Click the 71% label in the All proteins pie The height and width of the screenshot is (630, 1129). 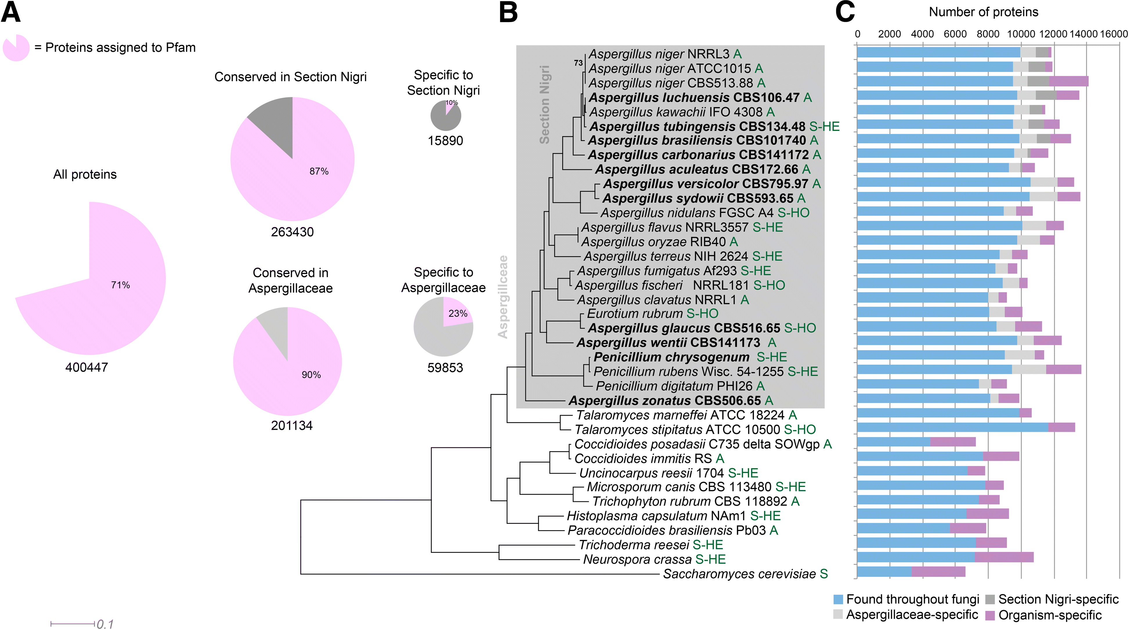(120, 285)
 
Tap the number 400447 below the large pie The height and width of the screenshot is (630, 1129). (86, 367)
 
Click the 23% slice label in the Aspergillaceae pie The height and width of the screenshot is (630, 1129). (458, 313)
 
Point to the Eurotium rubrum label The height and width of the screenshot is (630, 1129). (635, 313)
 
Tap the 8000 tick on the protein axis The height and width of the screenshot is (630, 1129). (988, 34)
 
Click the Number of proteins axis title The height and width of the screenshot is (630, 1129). (984, 12)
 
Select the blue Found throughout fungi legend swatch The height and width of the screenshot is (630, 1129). (838, 599)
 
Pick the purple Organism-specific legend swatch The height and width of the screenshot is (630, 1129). (990, 615)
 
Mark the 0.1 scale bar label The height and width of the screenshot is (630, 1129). (105, 624)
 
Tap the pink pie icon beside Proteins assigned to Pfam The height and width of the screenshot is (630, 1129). (16, 48)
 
